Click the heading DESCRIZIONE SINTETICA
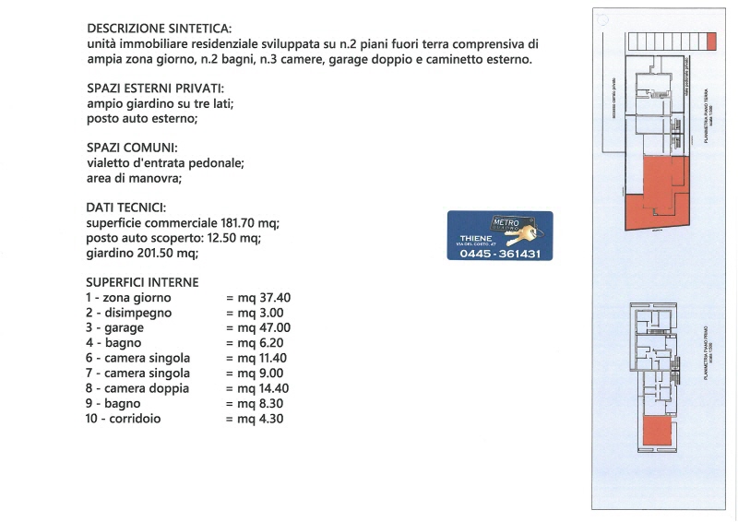159,30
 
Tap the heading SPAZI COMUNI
132,148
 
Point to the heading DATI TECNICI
127,208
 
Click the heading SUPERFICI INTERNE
142,282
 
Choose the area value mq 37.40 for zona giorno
258,298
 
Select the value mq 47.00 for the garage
258,327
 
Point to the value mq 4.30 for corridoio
255,419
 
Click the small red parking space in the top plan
710,42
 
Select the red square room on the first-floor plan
657,431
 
